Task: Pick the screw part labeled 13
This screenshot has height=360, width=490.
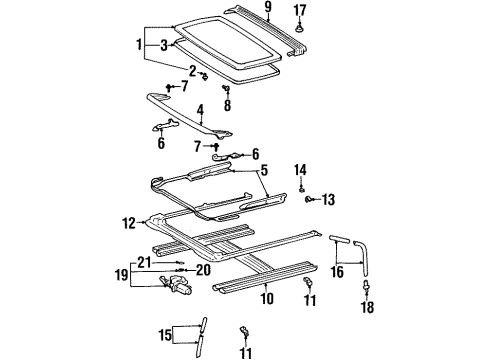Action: (x=310, y=200)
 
